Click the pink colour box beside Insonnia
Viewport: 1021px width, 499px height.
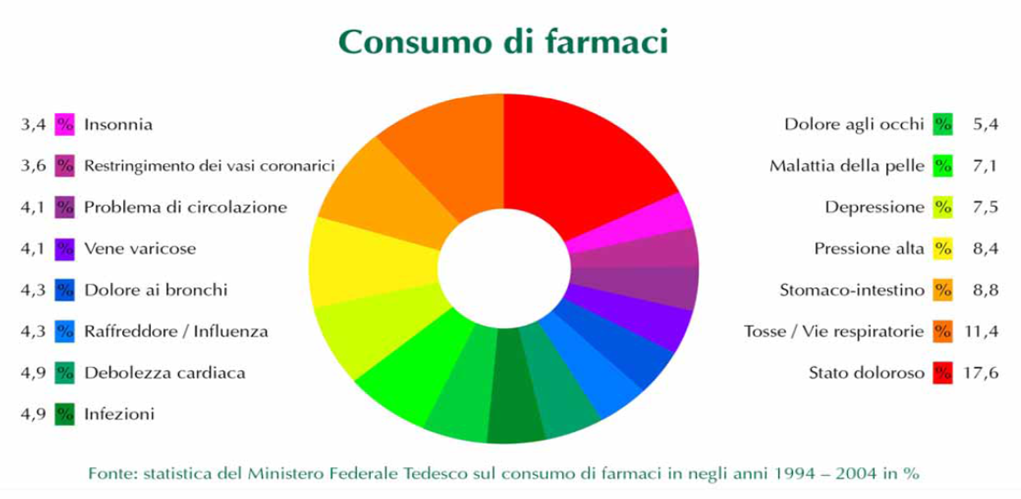click(x=65, y=125)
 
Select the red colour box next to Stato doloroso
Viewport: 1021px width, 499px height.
click(x=942, y=373)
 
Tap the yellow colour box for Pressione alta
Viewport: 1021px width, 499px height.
click(x=942, y=249)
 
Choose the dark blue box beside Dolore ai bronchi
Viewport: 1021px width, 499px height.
click(x=65, y=290)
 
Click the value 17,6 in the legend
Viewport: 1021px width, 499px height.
click(x=981, y=373)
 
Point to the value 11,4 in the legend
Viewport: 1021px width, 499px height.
click(x=982, y=332)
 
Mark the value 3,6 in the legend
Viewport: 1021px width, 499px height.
click(x=34, y=166)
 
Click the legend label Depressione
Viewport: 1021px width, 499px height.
click(x=875, y=208)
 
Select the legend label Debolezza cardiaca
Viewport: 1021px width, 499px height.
click(x=165, y=373)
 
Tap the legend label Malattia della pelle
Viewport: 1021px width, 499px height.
click(x=847, y=166)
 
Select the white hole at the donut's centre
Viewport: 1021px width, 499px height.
click(x=504, y=268)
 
